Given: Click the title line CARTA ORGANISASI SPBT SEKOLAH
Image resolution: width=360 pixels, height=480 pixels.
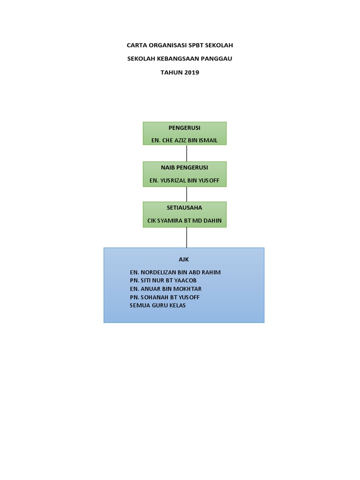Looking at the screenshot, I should coord(180,45).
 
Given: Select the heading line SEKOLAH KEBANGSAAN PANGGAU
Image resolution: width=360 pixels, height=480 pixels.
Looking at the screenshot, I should coord(180,59).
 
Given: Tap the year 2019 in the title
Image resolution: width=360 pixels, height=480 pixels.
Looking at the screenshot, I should coord(192,72).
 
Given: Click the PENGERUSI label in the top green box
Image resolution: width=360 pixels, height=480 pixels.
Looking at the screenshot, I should coord(184,127).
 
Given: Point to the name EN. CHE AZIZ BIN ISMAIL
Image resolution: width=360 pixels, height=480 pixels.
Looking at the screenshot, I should coord(184,140).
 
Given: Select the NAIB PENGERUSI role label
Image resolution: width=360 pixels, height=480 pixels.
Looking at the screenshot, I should coord(184,167).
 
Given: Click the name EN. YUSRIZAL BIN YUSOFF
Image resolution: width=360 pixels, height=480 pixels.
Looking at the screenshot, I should coord(184,180).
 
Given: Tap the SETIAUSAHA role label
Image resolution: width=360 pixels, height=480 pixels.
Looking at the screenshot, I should coord(184,208).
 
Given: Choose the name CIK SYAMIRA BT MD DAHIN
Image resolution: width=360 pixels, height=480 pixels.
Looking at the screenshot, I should coord(184,221).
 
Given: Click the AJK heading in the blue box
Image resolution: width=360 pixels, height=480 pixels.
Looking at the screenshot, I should coord(184,259).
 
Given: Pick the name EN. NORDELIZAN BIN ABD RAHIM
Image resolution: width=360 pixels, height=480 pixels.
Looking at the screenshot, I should coord(175,272).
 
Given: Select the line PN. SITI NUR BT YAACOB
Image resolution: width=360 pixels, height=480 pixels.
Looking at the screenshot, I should coord(163,280).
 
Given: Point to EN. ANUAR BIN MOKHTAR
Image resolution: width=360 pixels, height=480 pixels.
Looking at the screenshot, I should coord(165,289).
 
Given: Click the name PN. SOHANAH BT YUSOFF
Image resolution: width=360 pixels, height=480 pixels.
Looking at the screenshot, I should coord(165,297).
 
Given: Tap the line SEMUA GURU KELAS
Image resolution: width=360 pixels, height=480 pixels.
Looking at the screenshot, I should coord(157,306).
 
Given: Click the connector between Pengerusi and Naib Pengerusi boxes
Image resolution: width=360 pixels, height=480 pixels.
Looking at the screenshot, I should coord(187,153).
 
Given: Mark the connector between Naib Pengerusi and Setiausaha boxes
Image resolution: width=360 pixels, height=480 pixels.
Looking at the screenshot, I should coord(187,194).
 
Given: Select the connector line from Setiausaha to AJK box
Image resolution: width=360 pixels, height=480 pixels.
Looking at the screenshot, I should coord(187,238).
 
